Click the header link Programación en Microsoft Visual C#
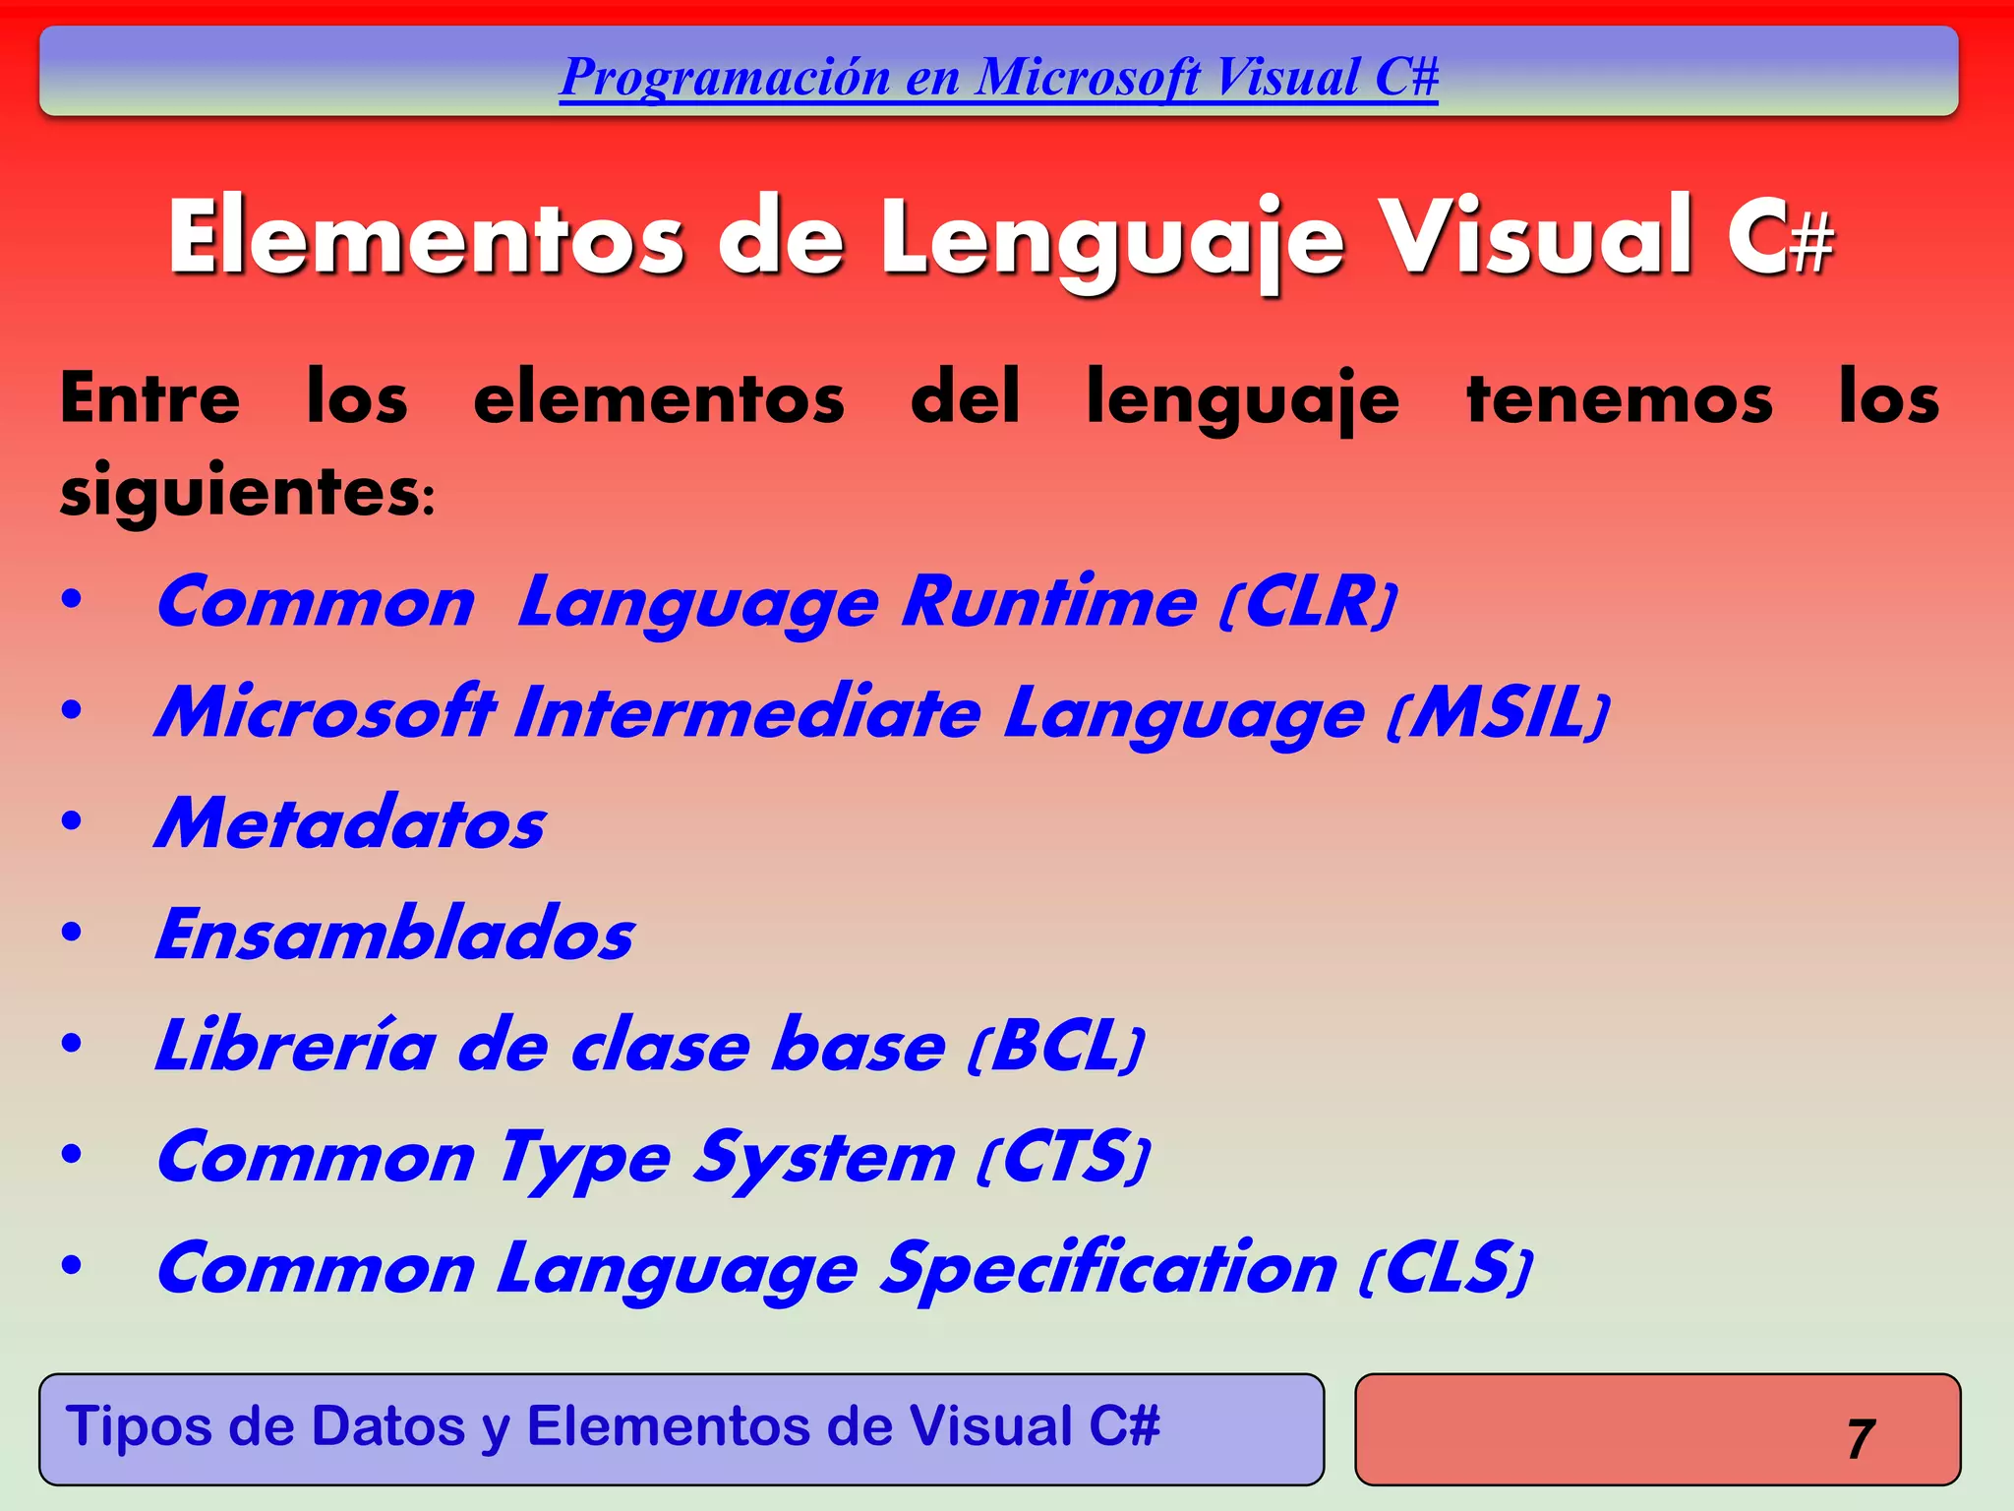click(998, 77)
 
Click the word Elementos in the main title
click(425, 237)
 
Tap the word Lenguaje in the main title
click(1111, 239)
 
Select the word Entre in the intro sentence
click(149, 398)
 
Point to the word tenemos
click(1619, 398)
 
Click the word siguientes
click(241, 490)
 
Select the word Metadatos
click(350, 823)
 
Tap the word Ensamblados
click(394, 935)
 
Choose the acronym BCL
click(1056, 1046)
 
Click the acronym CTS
click(1063, 1157)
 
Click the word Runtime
click(1049, 601)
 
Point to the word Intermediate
click(747, 712)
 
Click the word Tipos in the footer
click(139, 1426)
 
